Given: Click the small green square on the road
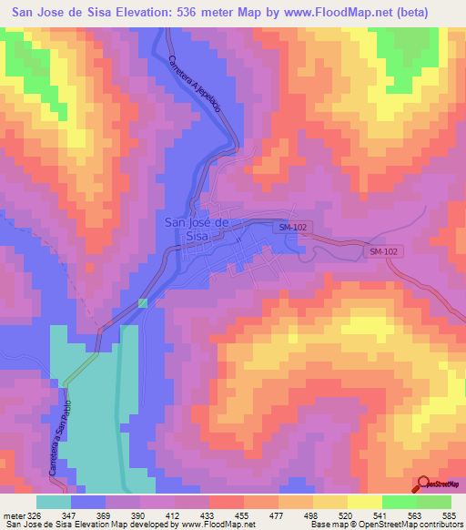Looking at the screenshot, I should pos(142,303).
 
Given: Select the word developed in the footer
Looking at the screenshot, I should pos(137,525).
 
